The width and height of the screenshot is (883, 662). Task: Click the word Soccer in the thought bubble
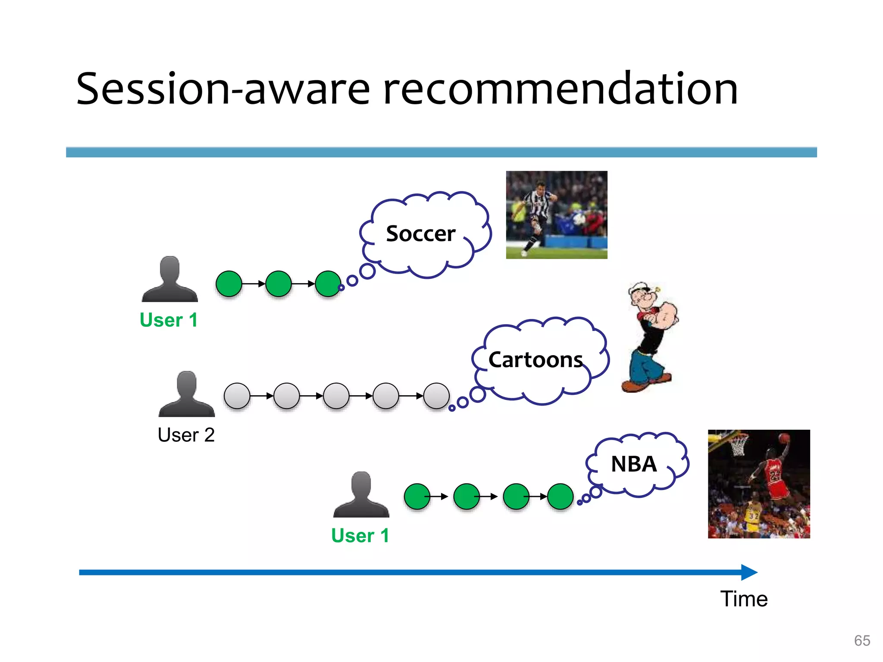coord(420,234)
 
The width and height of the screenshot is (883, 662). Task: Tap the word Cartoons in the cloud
coord(535,359)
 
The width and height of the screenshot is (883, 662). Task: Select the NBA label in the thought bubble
coord(633,464)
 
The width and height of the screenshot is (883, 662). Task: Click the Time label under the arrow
coord(744,599)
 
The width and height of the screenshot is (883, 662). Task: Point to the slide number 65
coord(862,640)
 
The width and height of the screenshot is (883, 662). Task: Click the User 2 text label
coord(186,434)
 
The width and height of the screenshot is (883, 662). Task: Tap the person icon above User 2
coord(186,394)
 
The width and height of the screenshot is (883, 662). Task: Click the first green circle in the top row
coord(229,284)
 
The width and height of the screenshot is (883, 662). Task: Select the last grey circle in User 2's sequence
coord(436,396)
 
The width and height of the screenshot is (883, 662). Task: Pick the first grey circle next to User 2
coord(237,396)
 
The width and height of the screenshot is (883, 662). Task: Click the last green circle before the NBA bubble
coord(560,496)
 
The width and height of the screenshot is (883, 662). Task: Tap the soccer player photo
coord(556,215)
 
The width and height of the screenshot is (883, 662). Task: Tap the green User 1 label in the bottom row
coord(360,535)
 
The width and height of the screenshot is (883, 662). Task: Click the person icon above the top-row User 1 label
coord(169,279)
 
